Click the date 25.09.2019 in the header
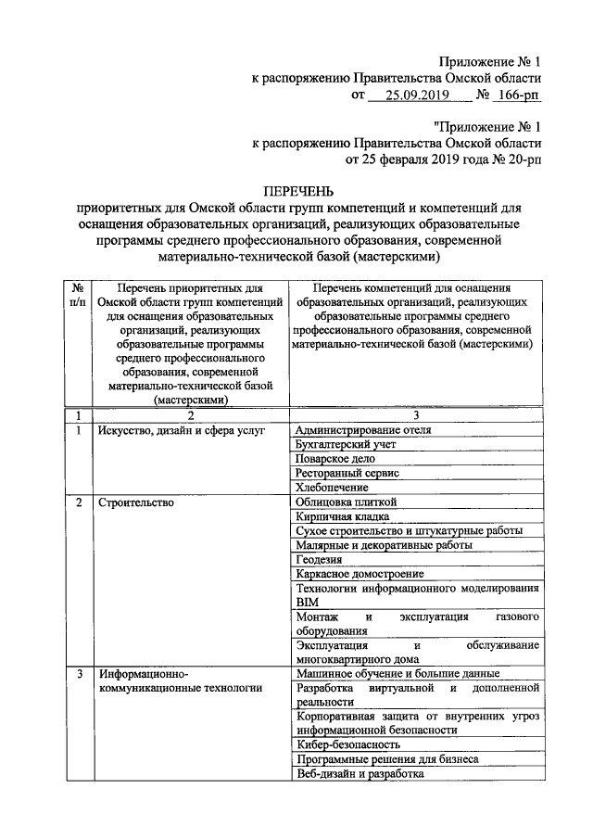coord(409,95)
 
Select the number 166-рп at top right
coord(515,95)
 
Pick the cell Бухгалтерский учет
coord(346,444)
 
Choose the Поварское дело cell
coord(334,458)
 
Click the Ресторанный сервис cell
coord(347,472)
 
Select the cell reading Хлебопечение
coord(331,487)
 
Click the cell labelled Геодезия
coord(319,559)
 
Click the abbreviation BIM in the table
coord(305,602)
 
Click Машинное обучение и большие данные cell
coord(397,672)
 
